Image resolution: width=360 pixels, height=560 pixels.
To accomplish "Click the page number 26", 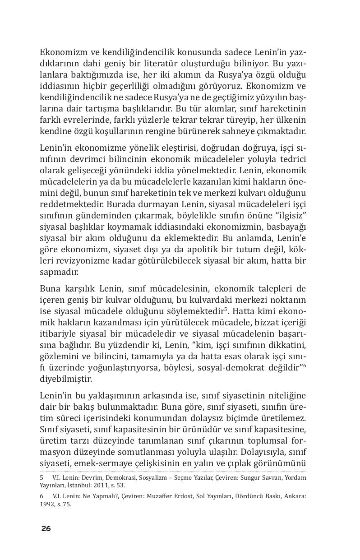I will click(46, 528).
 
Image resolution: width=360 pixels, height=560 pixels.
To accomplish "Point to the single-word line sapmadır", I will click(59, 272).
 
